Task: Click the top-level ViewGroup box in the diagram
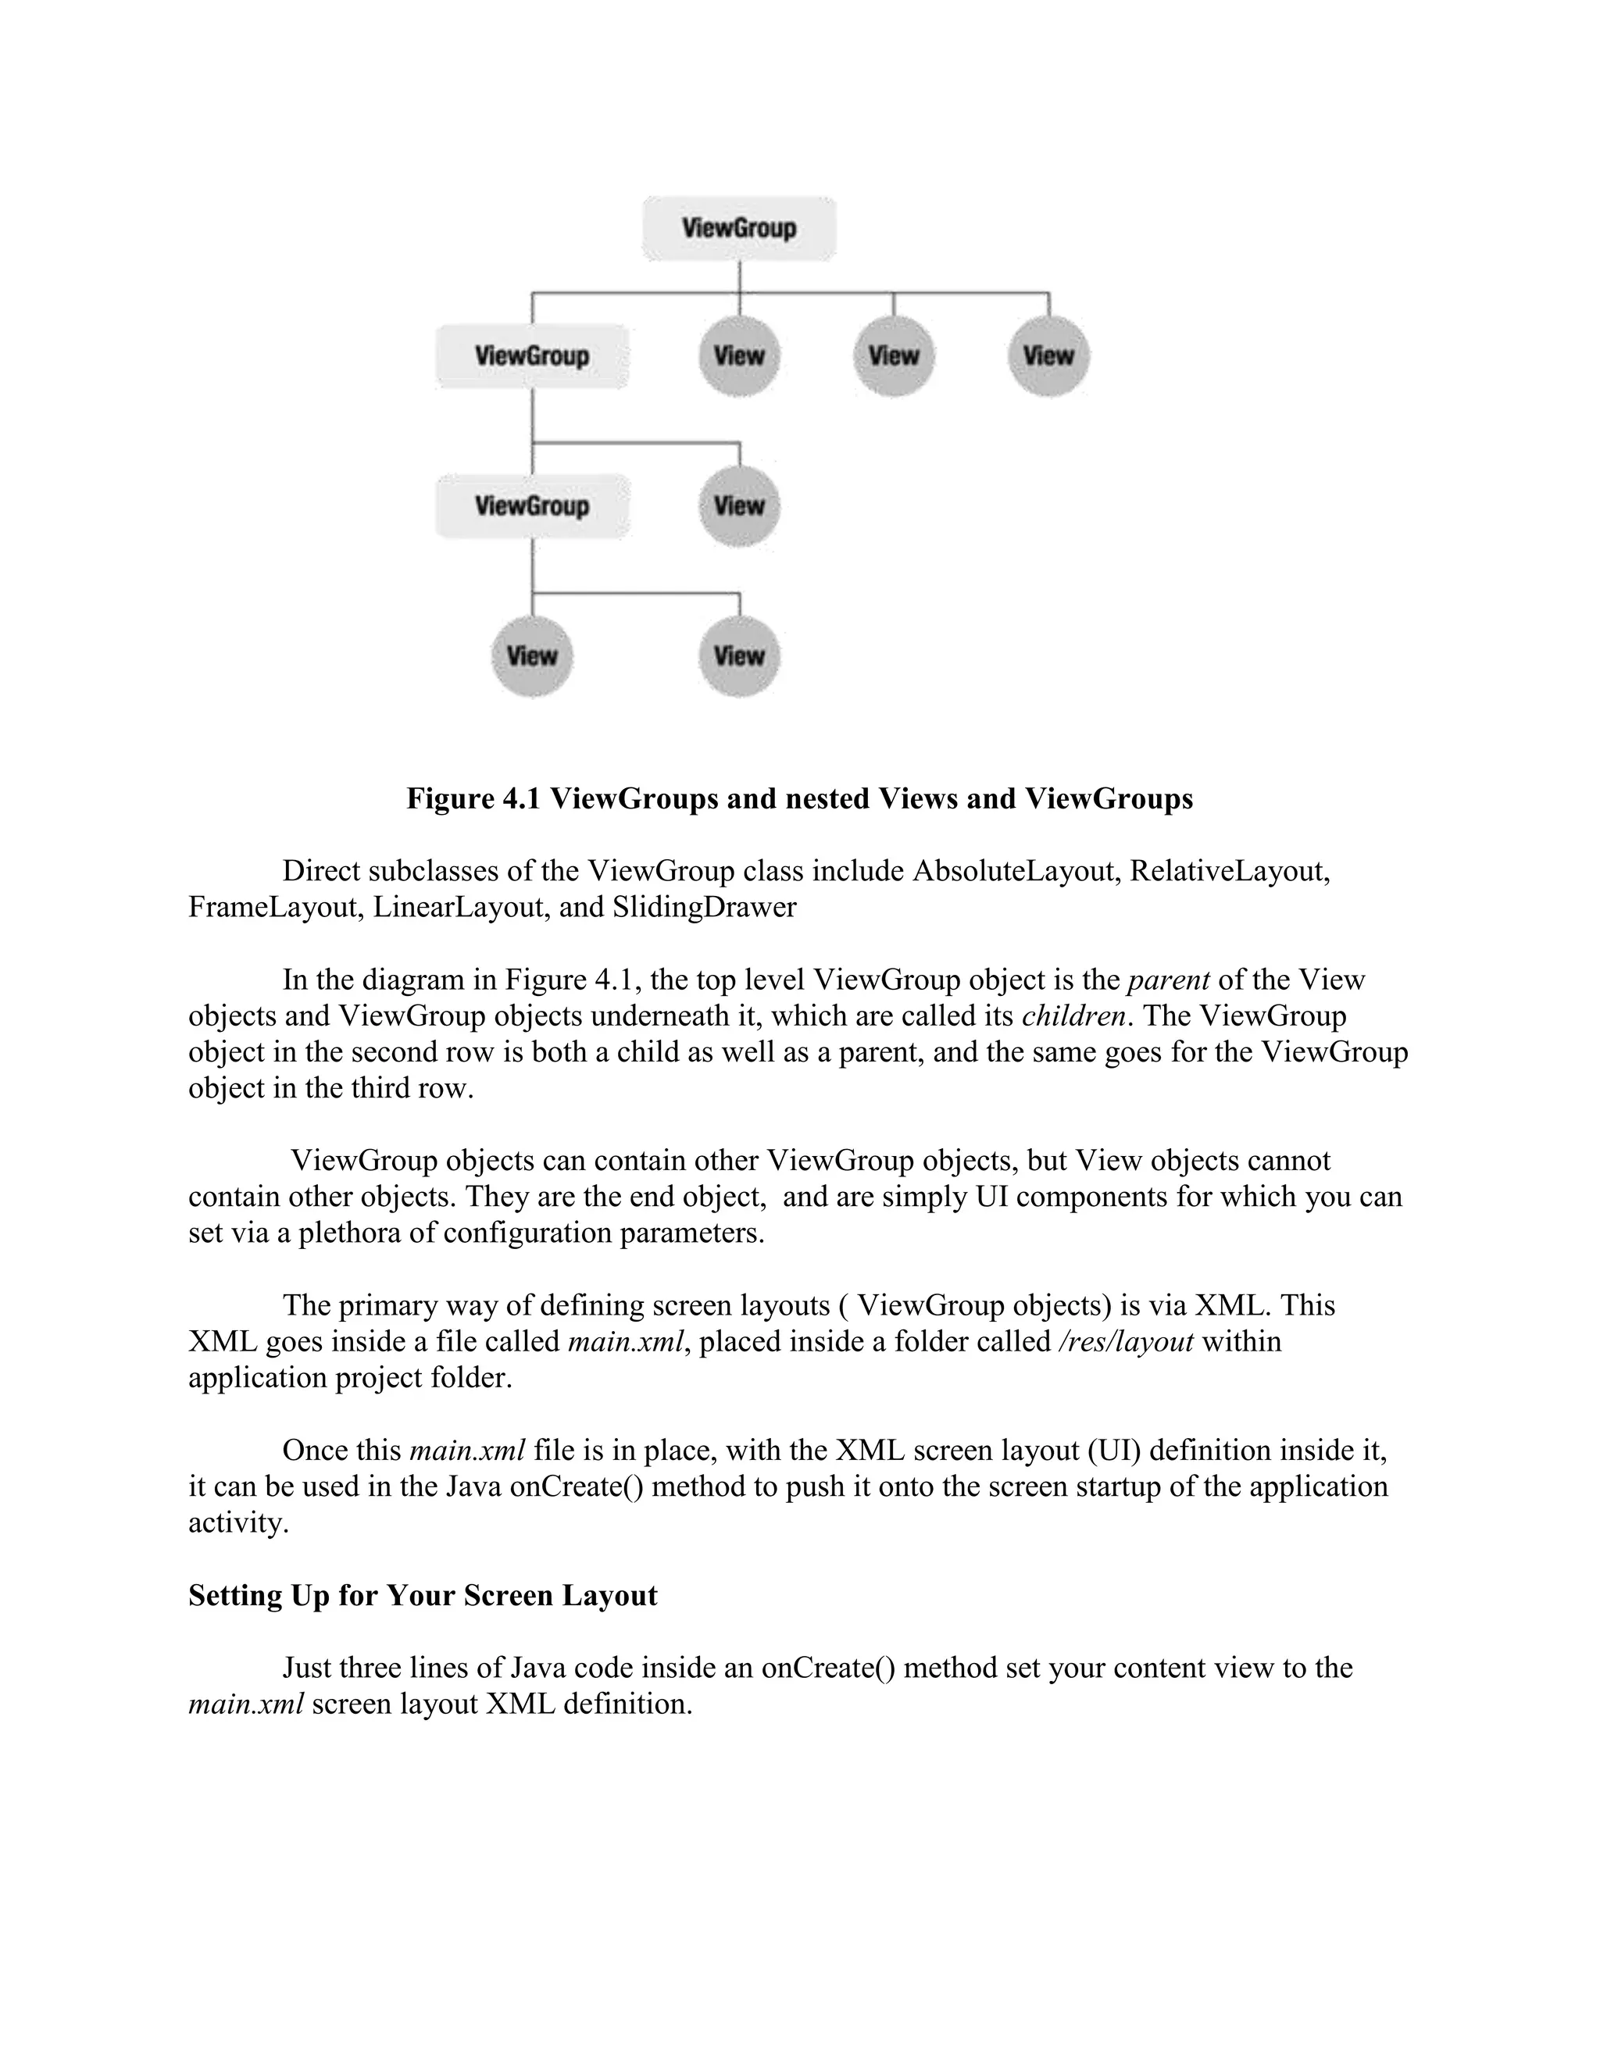click(738, 228)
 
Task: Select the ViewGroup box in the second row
click(532, 356)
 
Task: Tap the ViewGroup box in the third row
click(532, 506)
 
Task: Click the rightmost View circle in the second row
click(1048, 356)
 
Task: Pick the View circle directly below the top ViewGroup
click(738, 356)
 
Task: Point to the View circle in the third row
click(738, 506)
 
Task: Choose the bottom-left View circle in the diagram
click(532, 656)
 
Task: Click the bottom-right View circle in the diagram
click(738, 656)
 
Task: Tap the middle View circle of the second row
click(893, 356)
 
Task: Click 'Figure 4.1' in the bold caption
click(473, 799)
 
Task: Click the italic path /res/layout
click(1125, 1342)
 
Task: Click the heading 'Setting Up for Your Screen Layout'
click(423, 1595)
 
